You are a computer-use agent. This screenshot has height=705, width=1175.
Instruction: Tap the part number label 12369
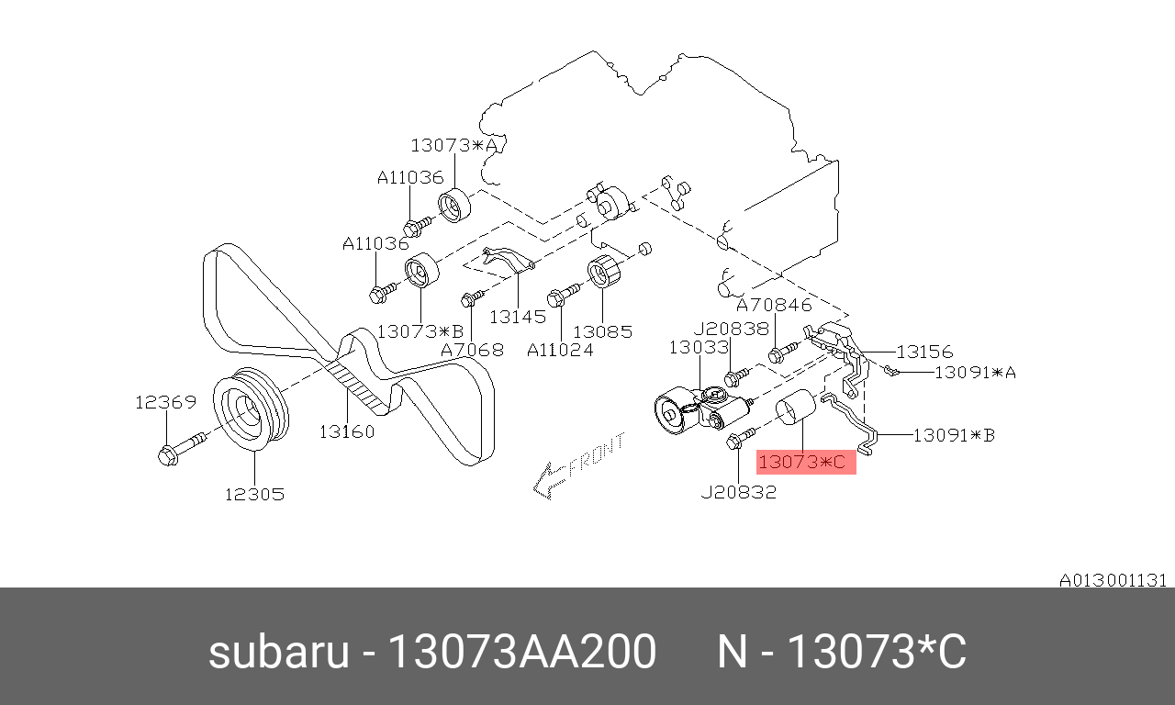coord(166,402)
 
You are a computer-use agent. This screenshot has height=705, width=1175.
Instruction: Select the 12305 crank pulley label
coord(255,494)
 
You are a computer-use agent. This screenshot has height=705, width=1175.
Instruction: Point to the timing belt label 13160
coord(347,431)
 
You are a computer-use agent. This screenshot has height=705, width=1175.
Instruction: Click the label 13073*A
coord(453,145)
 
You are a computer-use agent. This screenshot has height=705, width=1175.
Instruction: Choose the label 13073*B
coord(420,331)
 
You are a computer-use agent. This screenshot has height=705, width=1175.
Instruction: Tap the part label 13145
coord(518,317)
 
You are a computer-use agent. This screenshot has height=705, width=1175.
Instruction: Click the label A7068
coord(472,350)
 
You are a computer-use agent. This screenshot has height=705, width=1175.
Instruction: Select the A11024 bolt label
coord(560,350)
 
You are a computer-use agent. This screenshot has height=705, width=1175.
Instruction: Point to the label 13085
coord(603,331)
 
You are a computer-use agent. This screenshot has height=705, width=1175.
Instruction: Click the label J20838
coord(732,329)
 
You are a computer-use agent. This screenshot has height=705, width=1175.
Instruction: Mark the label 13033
coord(699,347)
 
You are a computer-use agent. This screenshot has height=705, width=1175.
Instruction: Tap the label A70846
coord(774,305)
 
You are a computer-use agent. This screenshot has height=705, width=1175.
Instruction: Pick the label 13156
coord(924,352)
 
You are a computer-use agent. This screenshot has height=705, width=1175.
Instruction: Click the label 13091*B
coord(954,435)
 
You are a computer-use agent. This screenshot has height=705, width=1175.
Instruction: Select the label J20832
coord(739,492)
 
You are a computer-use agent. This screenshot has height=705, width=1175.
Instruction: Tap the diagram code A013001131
coord(1113,581)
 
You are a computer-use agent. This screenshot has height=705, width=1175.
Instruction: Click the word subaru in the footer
coord(278,652)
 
